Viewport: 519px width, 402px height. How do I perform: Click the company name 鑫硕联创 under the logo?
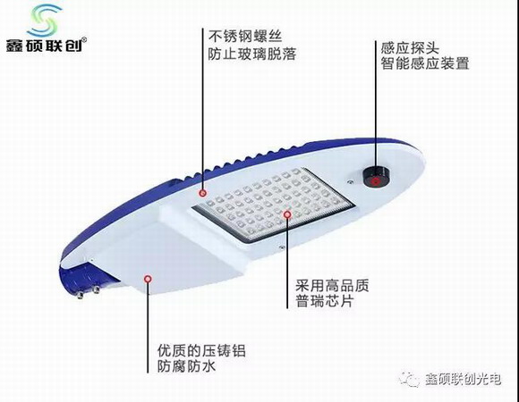point(45,46)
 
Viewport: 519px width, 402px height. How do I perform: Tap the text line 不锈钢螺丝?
point(245,36)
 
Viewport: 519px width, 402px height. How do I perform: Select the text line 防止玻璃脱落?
point(252,54)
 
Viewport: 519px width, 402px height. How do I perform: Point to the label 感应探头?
point(410,48)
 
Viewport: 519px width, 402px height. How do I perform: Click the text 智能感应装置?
point(425,63)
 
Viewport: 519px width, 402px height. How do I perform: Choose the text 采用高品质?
point(332,285)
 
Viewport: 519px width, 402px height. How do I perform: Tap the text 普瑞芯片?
point(325,301)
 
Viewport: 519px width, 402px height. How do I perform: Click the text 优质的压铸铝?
point(201,350)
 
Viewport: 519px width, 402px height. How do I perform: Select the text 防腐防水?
point(187,366)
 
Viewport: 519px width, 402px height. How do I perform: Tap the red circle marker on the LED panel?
point(287,214)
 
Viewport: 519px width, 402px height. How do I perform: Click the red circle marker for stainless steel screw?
point(203,193)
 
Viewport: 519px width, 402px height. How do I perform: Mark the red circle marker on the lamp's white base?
point(148,279)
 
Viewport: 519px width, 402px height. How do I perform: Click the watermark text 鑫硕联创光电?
point(463,379)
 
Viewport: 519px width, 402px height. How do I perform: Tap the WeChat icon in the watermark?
point(410,379)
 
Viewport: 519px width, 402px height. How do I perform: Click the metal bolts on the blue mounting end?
point(88,292)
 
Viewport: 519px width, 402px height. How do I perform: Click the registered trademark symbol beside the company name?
point(84,40)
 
